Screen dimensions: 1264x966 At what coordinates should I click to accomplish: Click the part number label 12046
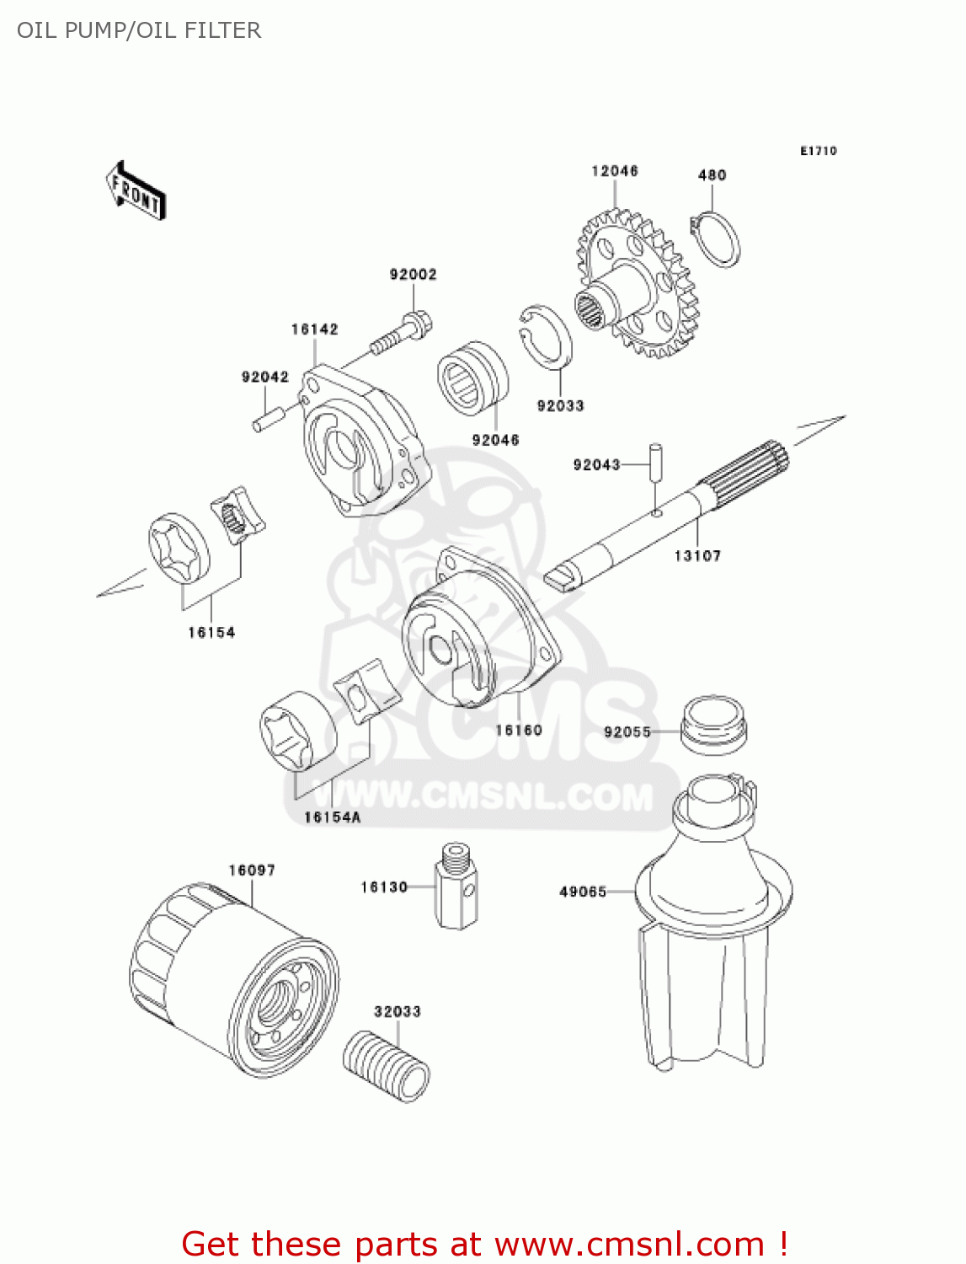pyautogui.click(x=614, y=171)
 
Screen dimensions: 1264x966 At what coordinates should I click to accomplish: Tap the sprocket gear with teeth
pyautogui.click(x=638, y=286)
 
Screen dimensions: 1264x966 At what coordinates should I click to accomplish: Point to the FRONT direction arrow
pyautogui.click(x=135, y=191)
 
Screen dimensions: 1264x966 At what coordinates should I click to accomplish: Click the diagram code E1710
pyautogui.click(x=818, y=151)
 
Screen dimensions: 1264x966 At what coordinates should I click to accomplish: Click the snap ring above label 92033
pyautogui.click(x=545, y=337)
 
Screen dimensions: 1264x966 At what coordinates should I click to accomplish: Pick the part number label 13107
pyautogui.click(x=697, y=555)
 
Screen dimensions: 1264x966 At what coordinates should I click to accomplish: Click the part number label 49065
pyautogui.click(x=583, y=892)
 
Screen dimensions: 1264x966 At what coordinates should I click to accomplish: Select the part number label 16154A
pyautogui.click(x=332, y=817)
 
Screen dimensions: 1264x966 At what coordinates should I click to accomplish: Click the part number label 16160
pyautogui.click(x=518, y=730)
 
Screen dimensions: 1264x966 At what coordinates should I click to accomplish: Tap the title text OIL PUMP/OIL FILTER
pyautogui.click(x=139, y=30)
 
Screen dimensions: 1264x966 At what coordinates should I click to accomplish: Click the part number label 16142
pyautogui.click(x=314, y=329)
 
